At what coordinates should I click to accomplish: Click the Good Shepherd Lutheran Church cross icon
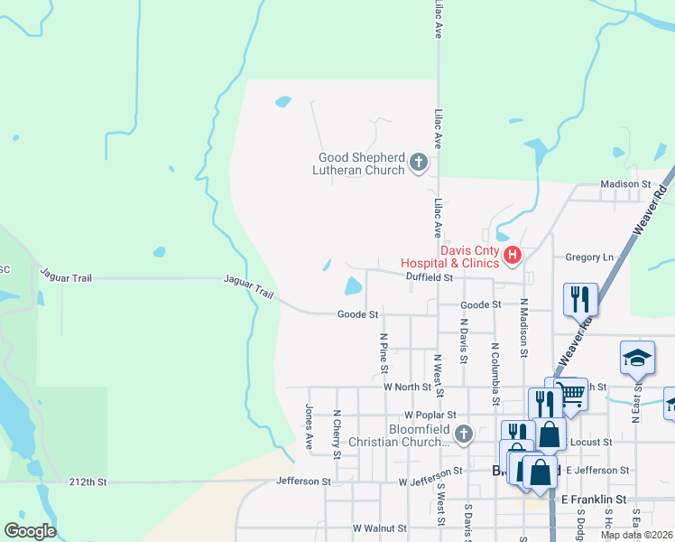(x=418, y=163)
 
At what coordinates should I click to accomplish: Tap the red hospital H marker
(x=513, y=256)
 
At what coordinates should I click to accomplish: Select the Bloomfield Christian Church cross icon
(x=463, y=435)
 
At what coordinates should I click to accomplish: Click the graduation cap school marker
(x=637, y=360)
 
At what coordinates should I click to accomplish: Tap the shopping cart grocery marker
(x=570, y=393)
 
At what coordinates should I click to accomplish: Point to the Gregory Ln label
(x=588, y=257)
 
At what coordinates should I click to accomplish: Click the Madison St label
(x=625, y=184)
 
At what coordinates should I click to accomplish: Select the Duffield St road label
(x=429, y=277)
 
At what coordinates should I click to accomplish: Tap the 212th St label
(x=88, y=483)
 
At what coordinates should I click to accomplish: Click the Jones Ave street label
(x=309, y=427)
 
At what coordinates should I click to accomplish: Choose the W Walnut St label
(x=382, y=528)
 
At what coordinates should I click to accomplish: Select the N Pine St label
(x=384, y=353)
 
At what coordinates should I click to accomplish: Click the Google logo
(x=29, y=531)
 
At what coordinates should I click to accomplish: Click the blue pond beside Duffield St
(x=353, y=286)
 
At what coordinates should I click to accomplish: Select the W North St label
(x=408, y=387)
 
